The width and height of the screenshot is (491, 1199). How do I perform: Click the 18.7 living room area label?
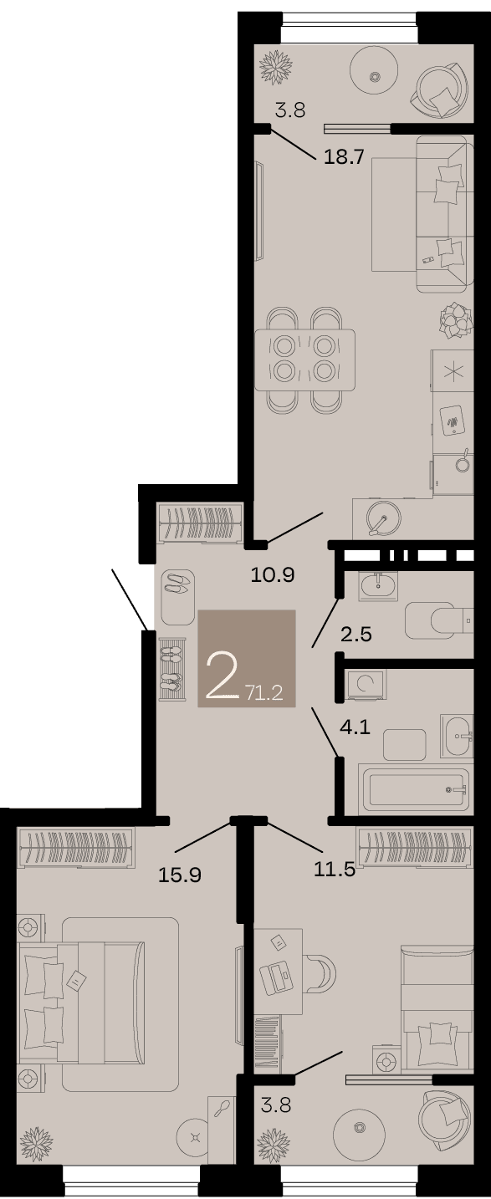tap(344, 157)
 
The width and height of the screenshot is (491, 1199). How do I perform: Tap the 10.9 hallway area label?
tap(273, 575)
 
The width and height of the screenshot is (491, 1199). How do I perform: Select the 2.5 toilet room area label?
tap(356, 635)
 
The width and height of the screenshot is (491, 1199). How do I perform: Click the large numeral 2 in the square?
tap(222, 676)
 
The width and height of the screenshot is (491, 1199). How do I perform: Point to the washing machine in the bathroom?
tap(366, 685)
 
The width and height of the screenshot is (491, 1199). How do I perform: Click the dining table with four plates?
tap(305, 360)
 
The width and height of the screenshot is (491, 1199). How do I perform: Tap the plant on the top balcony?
tap(276, 67)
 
